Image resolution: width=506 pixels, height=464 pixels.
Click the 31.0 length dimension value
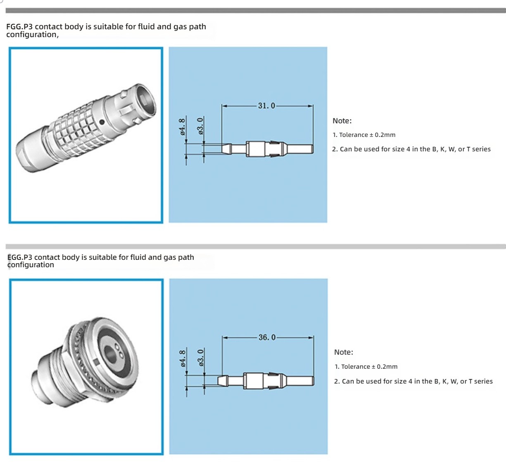pos(266,106)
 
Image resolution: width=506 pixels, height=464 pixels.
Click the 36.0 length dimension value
pos(267,337)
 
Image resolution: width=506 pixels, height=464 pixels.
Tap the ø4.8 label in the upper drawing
pos(182,127)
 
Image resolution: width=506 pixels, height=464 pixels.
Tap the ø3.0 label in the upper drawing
pos(201,126)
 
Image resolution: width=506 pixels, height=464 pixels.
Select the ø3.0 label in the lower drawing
pos(201,358)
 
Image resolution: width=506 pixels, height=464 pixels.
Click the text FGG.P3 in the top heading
pos(19,27)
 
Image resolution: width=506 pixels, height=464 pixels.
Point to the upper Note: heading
pos(342,121)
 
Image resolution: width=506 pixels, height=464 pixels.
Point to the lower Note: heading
pos(344,352)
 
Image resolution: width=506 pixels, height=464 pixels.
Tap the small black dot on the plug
pos(102,122)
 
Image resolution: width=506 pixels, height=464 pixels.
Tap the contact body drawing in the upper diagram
pos(267,148)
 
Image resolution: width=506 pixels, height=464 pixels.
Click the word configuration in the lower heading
pos(31,265)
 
